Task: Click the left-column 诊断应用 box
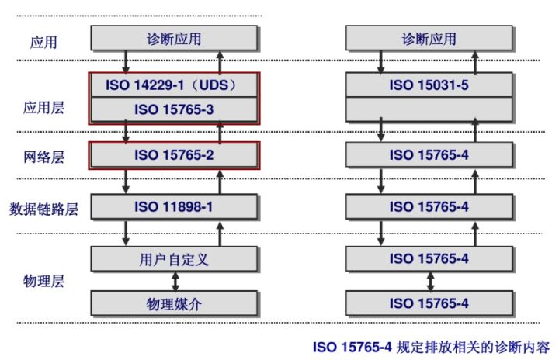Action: (x=175, y=39)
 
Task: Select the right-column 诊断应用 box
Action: (x=429, y=39)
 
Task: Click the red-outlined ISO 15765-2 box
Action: (x=175, y=154)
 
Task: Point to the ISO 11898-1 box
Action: (x=175, y=206)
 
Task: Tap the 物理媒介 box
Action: (x=175, y=303)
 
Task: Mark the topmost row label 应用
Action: (x=43, y=42)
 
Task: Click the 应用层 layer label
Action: (x=43, y=107)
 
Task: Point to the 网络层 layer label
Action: (x=43, y=157)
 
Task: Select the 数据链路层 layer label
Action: (x=43, y=209)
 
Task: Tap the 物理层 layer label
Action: (x=43, y=280)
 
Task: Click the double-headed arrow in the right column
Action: (x=429, y=280)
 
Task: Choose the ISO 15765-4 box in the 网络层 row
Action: (x=429, y=154)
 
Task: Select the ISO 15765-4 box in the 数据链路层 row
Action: (x=429, y=206)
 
